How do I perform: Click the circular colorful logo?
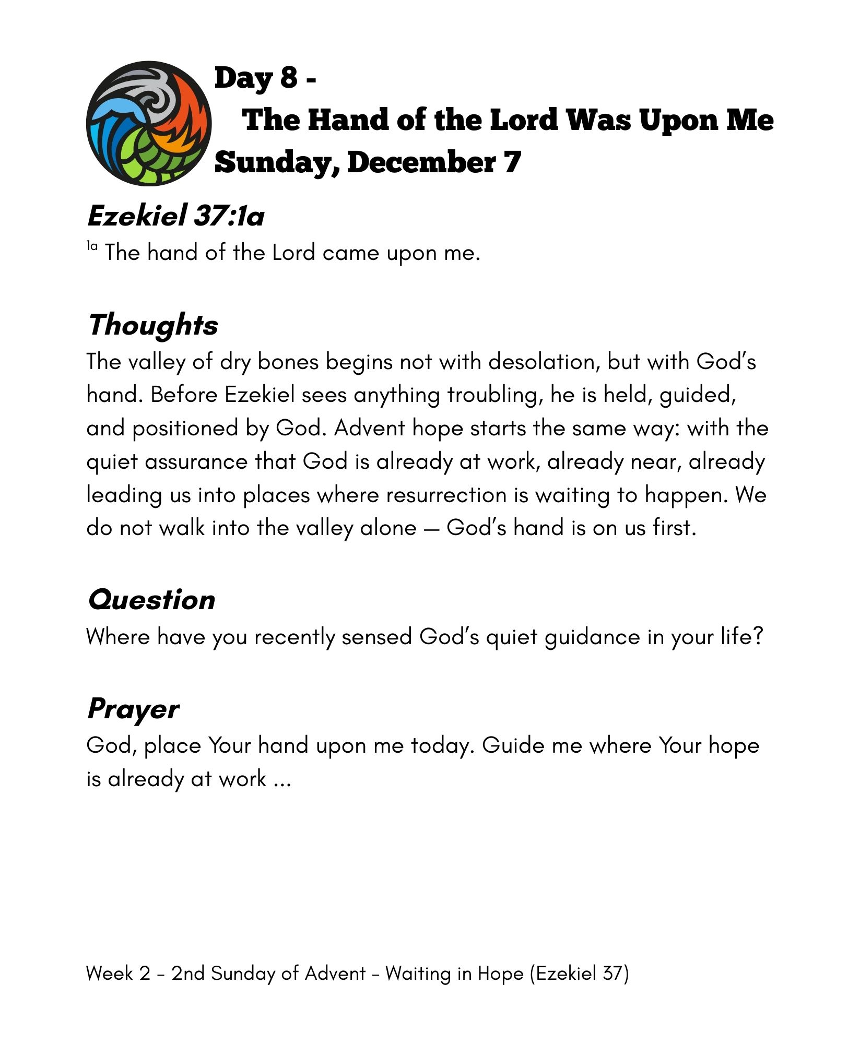[x=149, y=123]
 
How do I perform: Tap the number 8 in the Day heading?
[x=288, y=78]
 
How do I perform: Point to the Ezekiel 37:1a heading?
[x=175, y=215]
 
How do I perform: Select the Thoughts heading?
[x=153, y=325]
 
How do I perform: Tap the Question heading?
[x=151, y=599]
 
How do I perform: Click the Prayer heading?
[x=133, y=709]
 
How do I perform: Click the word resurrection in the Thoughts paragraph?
[x=446, y=495]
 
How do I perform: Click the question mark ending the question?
[x=758, y=637]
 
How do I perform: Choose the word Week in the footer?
[x=109, y=974]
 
